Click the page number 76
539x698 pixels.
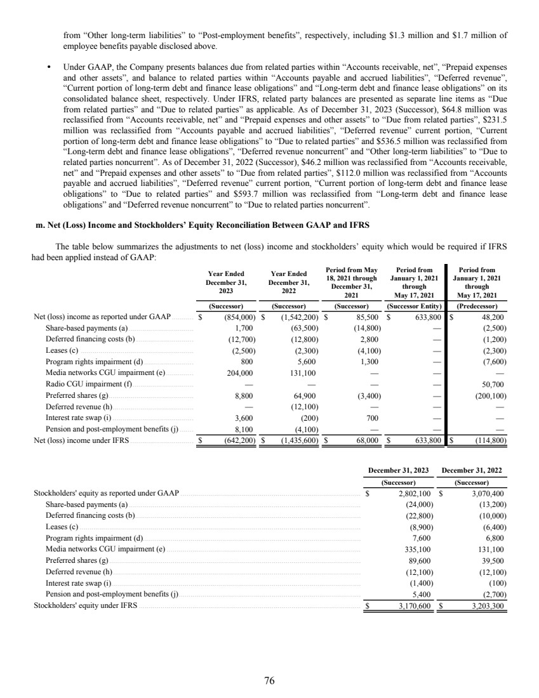269,681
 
